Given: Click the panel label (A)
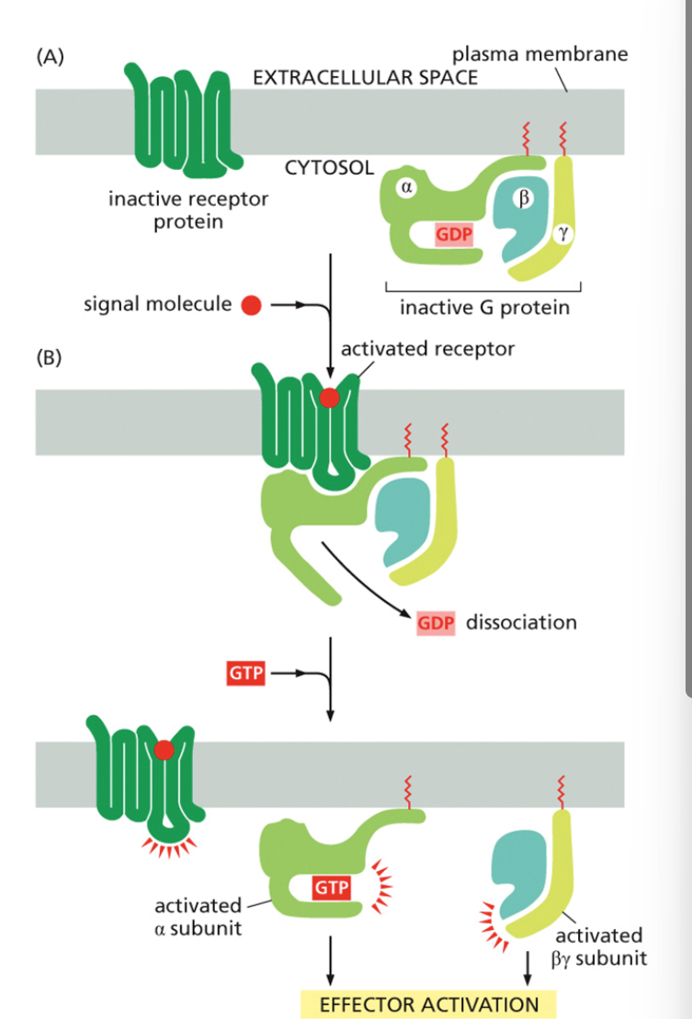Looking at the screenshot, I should (51, 60).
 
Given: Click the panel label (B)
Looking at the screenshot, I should (51, 357).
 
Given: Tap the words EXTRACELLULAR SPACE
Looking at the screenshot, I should (365, 77).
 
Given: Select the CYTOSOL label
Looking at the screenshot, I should (329, 169).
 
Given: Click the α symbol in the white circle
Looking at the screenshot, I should (405, 187).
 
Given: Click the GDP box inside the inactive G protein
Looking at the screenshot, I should (454, 234).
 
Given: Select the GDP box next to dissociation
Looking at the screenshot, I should (436, 623).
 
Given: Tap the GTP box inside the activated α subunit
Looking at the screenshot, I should (330, 889).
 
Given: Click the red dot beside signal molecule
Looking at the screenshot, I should (250, 304).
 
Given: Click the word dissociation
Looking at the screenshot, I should (521, 622).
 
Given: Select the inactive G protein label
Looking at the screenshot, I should (484, 307).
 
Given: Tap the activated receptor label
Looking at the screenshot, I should (427, 349).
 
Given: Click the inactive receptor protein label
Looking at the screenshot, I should (188, 210).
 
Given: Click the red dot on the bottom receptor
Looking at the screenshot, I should (164, 751).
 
